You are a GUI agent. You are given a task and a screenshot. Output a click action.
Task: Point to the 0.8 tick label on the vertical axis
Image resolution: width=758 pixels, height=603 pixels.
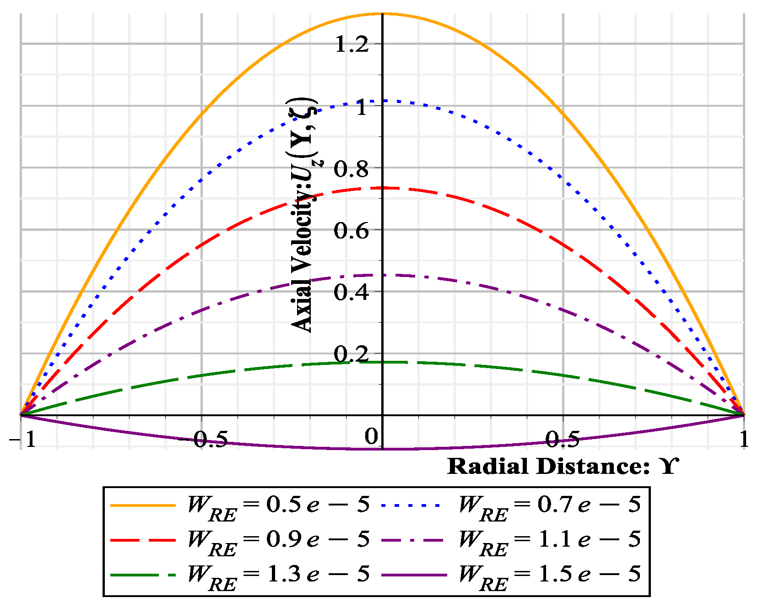click(351, 169)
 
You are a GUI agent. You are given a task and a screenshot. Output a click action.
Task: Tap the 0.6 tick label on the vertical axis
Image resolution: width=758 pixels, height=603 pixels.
click(351, 231)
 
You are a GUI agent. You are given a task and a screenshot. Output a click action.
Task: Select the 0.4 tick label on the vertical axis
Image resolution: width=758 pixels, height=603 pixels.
click(351, 293)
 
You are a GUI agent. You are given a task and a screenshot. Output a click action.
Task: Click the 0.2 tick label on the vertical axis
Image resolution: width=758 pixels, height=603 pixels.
click(351, 354)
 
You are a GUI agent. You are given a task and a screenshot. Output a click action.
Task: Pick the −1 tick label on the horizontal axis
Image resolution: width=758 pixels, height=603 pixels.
click(22, 440)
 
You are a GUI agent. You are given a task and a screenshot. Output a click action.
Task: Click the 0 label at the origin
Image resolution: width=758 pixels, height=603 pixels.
click(371, 437)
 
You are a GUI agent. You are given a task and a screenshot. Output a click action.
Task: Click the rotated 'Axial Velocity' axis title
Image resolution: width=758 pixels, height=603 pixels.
click(304, 215)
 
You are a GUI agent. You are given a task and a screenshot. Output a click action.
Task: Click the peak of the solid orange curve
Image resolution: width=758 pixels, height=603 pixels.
click(382, 14)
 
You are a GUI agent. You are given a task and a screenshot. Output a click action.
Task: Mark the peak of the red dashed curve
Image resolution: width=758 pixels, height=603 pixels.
click(382, 188)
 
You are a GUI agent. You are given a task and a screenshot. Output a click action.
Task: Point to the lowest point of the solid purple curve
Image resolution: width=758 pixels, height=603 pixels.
click(382, 449)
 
